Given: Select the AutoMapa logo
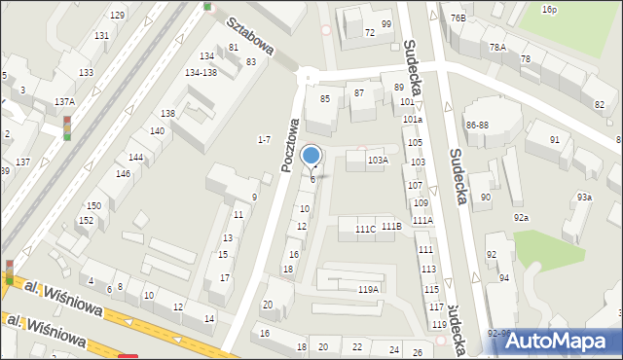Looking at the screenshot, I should coord(563,341).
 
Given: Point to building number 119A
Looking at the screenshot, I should coord(368,289).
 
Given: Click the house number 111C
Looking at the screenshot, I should coord(365,229).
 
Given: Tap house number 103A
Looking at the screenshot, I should coord(378,160).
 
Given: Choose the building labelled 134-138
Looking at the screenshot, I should coord(201,72).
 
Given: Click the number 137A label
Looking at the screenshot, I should coord(64,101).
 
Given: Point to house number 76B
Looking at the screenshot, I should coord(458,18).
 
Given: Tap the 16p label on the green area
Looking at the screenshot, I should coord(549,9).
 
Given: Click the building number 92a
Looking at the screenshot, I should coord(522,217).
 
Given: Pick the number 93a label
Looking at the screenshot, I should coord(583,198).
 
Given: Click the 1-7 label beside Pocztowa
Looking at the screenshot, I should coord(263,140).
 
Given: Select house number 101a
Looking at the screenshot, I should coord(413,120).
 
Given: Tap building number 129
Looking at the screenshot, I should coord(117,16).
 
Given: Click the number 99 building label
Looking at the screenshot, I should coord(386,24).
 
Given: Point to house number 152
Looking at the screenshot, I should coord(86,220).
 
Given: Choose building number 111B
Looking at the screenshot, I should coord(391,226).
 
